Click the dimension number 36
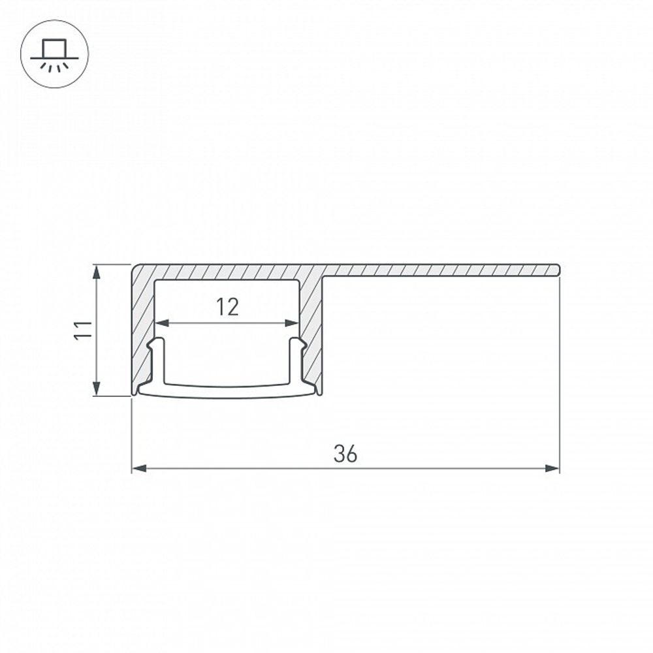[x=345, y=453]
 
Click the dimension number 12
[x=227, y=306]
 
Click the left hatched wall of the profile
[x=143, y=326]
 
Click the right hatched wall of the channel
[x=312, y=326]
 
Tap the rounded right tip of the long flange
[x=558, y=270]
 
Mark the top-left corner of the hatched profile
[x=135, y=266]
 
